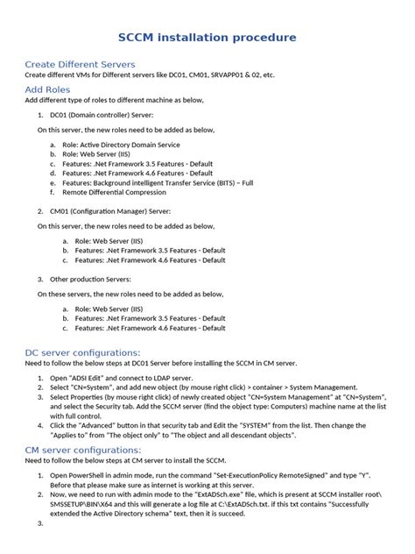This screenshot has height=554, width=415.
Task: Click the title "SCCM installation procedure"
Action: pos(207,38)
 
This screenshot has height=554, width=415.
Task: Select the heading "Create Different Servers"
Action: pos(80,65)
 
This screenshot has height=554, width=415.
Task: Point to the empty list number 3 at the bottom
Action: pos(39,523)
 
